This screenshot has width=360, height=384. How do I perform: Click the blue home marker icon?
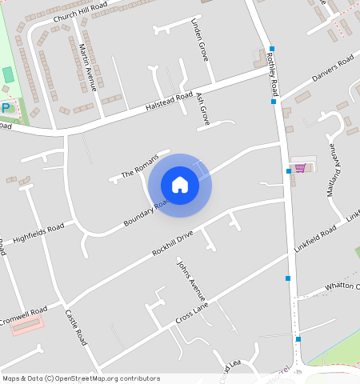[x=180, y=185]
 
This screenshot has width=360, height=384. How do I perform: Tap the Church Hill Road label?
[x=81, y=12]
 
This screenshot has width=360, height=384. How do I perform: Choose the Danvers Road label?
[x=332, y=67]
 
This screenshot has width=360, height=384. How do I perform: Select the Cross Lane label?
[x=191, y=314]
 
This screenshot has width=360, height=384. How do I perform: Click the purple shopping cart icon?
[x=301, y=168]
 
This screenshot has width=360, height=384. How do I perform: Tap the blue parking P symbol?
[x=6, y=107]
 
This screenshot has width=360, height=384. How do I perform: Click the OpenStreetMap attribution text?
[x=80, y=378]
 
